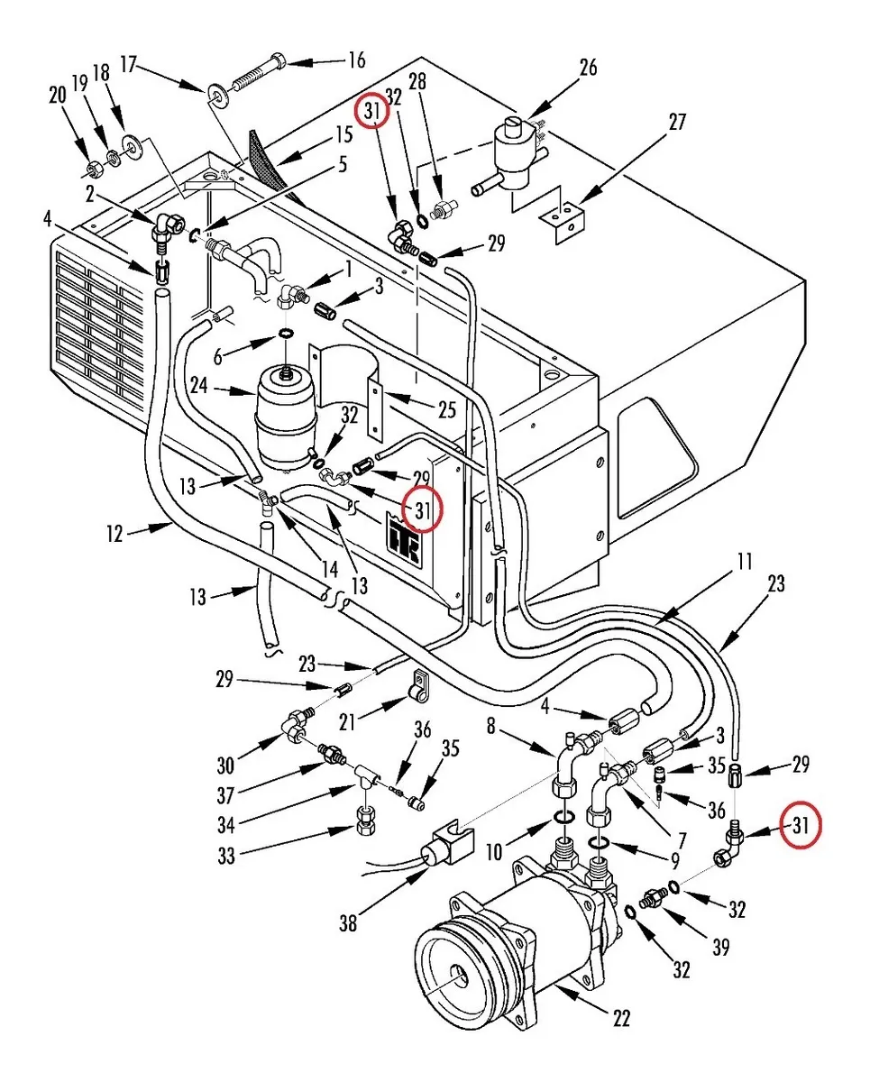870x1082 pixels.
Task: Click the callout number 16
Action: (x=356, y=60)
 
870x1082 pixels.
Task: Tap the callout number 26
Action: (x=588, y=67)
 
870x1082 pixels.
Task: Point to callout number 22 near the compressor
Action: (x=621, y=1019)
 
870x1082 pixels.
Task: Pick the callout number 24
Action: (x=199, y=386)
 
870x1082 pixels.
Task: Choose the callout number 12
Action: (x=114, y=534)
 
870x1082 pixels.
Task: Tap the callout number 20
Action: (x=58, y=95)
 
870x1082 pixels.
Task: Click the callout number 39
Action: (x=720, y=947)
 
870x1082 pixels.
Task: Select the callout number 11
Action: (x=745, y=562)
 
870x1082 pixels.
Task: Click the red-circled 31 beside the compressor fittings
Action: (x=800, y=825)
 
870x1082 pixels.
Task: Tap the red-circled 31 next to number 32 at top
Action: (x=371, y=112)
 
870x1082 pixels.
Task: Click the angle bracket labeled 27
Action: (x=563, y=222)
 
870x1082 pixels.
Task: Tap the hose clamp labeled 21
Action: (x=417, y=686)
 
